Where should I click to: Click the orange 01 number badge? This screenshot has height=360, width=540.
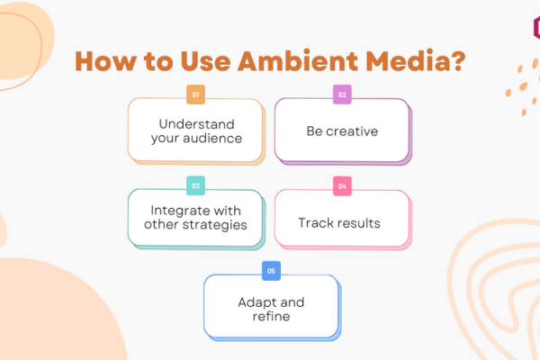click(195, 94)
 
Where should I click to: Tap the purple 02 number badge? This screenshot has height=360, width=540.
click(342, 94)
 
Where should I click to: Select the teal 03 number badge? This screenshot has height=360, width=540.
click(195, 185)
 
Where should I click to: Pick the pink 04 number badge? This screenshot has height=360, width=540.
click(342, 186)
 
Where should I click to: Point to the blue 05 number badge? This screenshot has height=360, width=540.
click(271, 271)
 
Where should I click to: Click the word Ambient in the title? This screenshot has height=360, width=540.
click(298, 61)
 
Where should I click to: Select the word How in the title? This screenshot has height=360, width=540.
click(105, 61)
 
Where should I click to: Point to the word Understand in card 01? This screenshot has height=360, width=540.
click(196, 124)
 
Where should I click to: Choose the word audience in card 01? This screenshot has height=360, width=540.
click(212, 138)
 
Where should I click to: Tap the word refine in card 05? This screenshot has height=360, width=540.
click(272, 316)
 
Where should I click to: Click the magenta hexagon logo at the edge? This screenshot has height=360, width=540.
click(536, 28)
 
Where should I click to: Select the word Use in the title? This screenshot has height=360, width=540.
click(205, 61)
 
